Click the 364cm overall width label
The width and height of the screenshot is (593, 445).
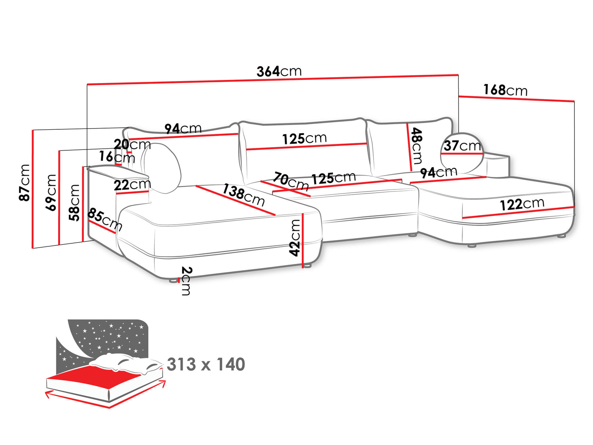pyautogui.click(x=279, y=71)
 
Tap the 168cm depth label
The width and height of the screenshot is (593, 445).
pyautogui.click(x=505, y=90)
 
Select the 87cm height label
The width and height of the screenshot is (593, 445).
pyautogui.click(x=25, y=182)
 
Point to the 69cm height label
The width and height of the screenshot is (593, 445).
pyautogui.click(x=51, y=192)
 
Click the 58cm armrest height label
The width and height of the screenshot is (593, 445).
pyautogui.click(x=74, y=202)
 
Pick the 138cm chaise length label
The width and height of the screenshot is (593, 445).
pyautogui.click(x=243, y=195)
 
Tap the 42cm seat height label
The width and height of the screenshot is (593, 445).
pyautogui.click(x=295, y=238)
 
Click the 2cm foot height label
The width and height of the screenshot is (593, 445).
pyautogui.click(x=186, y=281)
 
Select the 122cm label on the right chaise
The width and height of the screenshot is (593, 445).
pyautogui.click(x=522, y=204)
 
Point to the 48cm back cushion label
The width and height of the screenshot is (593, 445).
pyautogui.click(x=416, y=146)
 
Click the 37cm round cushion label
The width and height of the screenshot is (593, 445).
pyautogui.click(x=462, y=146)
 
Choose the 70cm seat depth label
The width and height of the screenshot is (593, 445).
pyautogui.click(x=291, y=181)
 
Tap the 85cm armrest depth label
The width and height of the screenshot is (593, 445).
pyautogui.click(x=105, y=220)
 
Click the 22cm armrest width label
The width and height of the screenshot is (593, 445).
pyautogui.click(x=132, y=185)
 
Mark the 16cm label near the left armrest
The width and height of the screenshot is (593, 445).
pyautogui.click(x=117, y=157)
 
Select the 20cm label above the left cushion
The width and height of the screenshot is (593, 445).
pyautogui.click(x=132, y=144)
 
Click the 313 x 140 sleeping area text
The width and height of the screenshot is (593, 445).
pyautogui.click(x=206, y=364)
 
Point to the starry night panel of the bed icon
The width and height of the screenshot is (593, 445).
pyautogui.click(x=107, y=336)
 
